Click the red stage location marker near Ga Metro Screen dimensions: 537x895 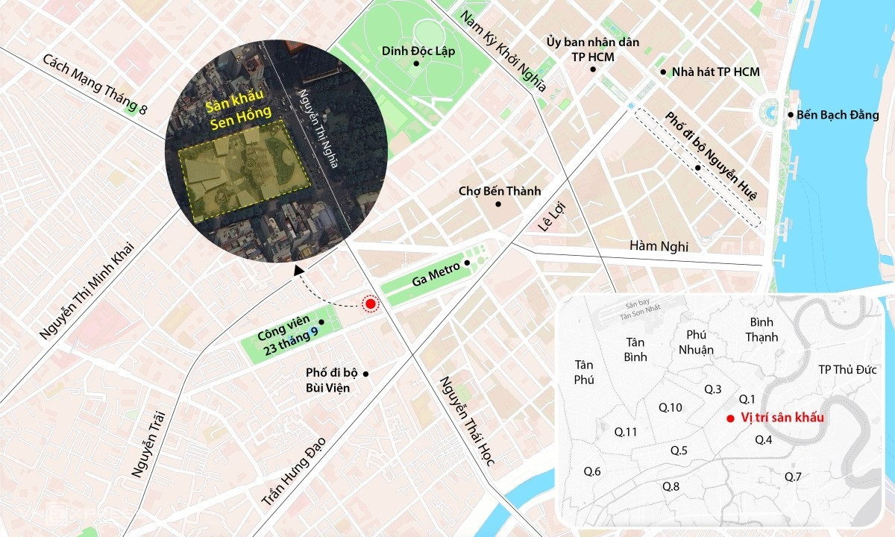pos(370,304)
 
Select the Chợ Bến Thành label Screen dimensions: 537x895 pos(499,192)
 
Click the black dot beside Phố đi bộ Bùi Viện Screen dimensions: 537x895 pos(366,373)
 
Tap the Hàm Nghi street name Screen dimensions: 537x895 pos(659,245)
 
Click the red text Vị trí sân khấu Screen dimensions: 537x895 pos(782,418)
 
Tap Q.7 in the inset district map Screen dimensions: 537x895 pos(793,477)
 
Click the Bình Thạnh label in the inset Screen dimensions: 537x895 pos(761,329)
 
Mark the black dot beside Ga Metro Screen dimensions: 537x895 pos(468,263)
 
